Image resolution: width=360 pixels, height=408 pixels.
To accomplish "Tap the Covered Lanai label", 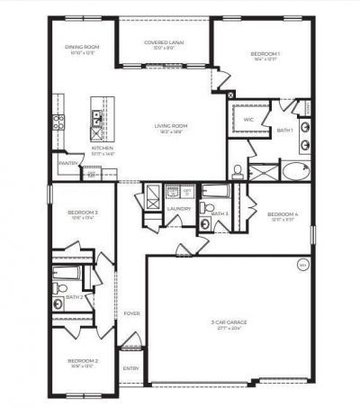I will [x=166, y=43].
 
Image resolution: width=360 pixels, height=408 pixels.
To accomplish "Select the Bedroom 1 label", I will [x=265, y=55].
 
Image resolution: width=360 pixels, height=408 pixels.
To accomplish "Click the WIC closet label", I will [x=248, y=118].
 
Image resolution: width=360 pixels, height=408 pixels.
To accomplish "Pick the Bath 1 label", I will [x=285, y=131].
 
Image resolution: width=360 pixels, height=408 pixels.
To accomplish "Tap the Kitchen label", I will [x=103, y=148].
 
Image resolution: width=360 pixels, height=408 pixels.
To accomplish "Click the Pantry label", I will [x=67, y=163].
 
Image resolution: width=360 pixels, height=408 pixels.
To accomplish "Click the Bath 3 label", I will [x=220, y=213].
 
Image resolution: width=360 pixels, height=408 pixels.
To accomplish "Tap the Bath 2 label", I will [x=74, y=295].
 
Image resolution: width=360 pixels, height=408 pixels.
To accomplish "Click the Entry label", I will [x=131, y=367].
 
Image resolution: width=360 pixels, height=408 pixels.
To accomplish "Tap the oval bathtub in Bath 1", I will [x=294, y=170].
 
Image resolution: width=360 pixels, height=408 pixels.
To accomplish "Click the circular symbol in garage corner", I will [x=302, y=265].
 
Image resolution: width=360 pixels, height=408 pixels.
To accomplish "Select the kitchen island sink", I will [x=96, y=116].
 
